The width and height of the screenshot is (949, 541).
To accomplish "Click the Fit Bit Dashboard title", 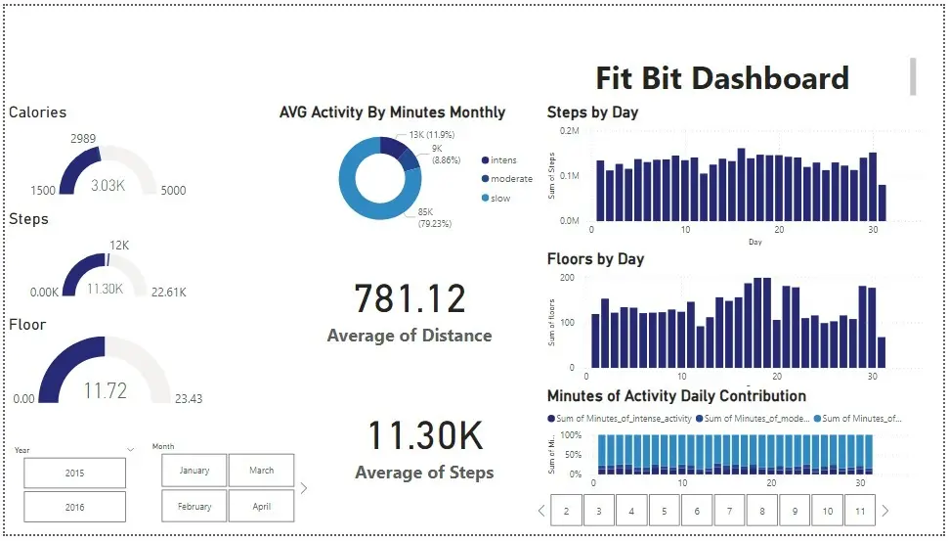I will click(x=722, y=78).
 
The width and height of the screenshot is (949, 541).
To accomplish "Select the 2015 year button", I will click(x=74, y=473).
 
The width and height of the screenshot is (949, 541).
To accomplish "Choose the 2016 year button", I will click(x=74, y=507).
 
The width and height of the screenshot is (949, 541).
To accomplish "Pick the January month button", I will click(x=194, y=471).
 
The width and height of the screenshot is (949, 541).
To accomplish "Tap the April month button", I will click(x=261, y=507).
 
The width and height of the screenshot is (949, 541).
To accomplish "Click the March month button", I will click(x=261, y=471).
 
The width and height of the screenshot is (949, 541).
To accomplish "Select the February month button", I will click(x=194, y=507).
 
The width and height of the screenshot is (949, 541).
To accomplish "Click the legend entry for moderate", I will click(x=511, y=179).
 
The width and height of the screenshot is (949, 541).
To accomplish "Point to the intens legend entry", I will click(x=503, y=160).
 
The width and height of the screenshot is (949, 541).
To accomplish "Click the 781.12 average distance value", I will click(x=410, y=299).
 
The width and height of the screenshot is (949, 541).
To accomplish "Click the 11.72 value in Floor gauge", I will click(x=105, y=391).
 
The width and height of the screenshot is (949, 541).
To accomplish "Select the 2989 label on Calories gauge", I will click(x=83, y=139).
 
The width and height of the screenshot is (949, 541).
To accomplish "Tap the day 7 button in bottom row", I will click(x=729, y=511).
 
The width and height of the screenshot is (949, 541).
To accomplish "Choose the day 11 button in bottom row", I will click(x=859, y=511).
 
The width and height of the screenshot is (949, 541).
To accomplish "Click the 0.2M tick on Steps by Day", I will click(x=569, y=130).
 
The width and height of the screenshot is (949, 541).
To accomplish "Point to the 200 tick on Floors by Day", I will click(x=567, y=278).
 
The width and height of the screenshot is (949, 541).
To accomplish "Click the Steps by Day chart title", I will click(x=592, y=113).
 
